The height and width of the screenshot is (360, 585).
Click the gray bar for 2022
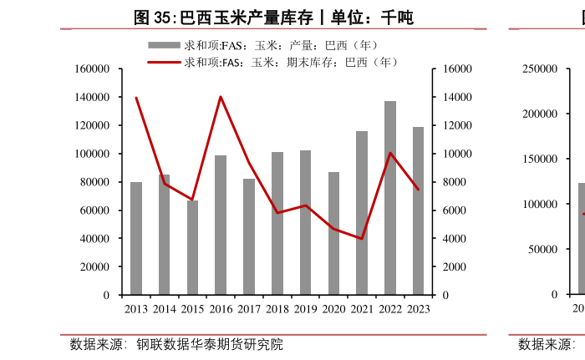pyautogui.click(x=390, y=198)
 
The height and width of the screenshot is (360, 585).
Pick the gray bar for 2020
pyautogui.click(x=333, y=234)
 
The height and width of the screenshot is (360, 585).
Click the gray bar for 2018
pyautogui.click(x=277, y=224)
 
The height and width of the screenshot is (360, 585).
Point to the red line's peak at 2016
pyautogui.click(x=221, y=97)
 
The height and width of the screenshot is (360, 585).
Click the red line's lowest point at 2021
pyautogui.click(x=362, y=239)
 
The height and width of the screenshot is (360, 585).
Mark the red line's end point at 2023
pyautogui.click(x=418, y=189)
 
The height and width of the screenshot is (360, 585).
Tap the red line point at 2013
pyautogui.click(x=136, y=98)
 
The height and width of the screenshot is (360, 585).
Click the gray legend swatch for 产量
pyautogui.click(x=164, y=45)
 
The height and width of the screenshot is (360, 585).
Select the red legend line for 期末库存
pyautogui.click(x=164, y=62)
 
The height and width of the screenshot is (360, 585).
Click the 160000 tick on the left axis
pyautogui.click(x=92, y=69)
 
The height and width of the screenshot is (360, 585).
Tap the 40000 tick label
pyautogui.click(x=94, y=239)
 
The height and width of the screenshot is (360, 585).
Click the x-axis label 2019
pyautogui.click(x=306, y=309)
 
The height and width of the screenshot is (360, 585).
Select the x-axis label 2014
pyautogui.click(x=165, y=309)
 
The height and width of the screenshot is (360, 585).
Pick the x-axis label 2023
pyautogui.click(x=418, y=309)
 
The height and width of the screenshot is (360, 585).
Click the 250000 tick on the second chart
pyautogui.click(x=541, y=69)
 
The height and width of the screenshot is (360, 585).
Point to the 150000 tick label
pyautogui.click(x=541, y=160)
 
